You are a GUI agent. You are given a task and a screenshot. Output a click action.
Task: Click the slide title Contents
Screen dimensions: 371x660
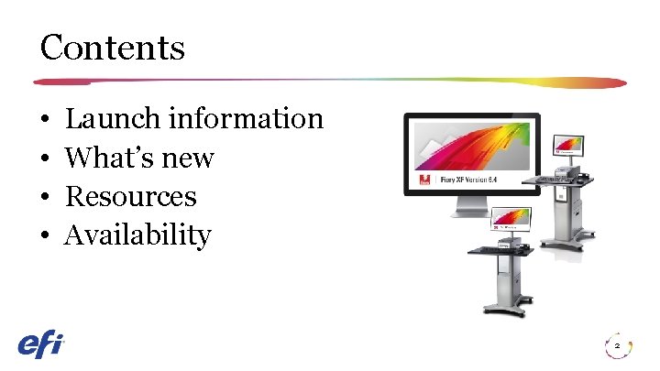112,47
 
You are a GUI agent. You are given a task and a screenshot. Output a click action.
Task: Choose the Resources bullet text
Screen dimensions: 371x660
131,196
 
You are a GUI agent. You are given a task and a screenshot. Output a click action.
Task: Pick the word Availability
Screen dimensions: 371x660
137,235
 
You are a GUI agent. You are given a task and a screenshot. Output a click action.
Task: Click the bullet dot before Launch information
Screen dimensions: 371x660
44,120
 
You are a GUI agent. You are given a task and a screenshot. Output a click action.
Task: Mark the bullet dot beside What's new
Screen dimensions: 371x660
44,159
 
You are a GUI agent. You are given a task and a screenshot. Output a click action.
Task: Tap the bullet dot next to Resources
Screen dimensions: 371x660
44,198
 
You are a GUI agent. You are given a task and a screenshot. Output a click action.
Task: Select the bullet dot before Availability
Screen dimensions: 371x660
44,236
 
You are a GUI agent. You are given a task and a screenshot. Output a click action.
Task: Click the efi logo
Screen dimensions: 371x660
40,344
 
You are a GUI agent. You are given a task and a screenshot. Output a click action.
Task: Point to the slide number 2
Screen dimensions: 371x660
617,346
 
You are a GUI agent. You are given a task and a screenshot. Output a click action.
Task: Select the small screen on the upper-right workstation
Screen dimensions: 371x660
567,146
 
